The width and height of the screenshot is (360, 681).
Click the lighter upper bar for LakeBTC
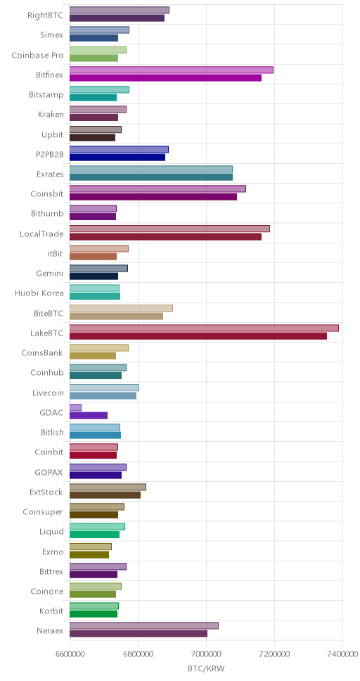204,328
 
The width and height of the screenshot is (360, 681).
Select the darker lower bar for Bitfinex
165,78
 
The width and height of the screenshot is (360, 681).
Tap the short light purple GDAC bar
75,407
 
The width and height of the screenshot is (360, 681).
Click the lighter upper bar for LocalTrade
169,229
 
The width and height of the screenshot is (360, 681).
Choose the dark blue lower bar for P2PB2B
117,157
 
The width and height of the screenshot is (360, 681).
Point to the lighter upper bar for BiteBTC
121,308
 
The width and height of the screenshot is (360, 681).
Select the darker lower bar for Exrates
151,177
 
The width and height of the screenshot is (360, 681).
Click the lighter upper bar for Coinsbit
157,189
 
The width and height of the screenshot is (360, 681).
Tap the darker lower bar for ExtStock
105,495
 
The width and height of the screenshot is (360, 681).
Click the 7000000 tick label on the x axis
206,655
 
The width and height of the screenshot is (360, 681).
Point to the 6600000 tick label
70,655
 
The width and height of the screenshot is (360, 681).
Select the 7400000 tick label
342,655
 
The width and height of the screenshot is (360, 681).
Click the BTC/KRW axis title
206,669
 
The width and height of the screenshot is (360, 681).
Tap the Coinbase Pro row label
37,55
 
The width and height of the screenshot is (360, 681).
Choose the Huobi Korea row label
39,293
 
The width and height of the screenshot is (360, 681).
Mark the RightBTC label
45,15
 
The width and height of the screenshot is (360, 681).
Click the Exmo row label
53,552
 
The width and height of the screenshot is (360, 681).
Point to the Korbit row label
51,611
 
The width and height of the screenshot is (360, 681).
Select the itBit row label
56,253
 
